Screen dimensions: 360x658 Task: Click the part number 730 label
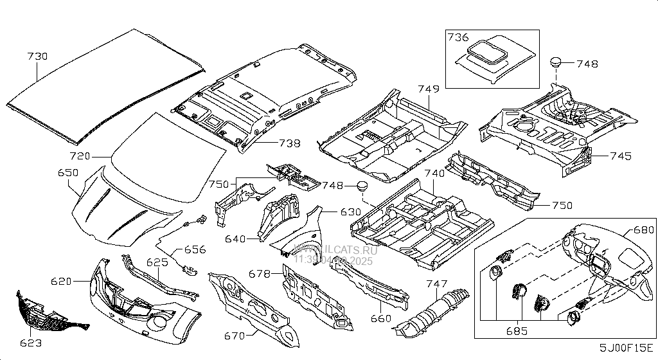point(37,57)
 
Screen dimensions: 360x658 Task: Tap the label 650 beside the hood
point(68,172)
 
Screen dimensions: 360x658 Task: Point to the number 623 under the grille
point(31,344)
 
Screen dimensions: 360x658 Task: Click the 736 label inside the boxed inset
point(459,38)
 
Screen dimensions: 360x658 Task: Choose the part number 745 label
point(621,156)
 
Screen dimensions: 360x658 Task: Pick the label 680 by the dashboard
point(643,230)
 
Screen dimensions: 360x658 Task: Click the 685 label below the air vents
point(516,332)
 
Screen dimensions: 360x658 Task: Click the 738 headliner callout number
point(289,143)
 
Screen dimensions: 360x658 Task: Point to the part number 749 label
point(429,88)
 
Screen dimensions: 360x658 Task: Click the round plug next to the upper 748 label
point(556,62)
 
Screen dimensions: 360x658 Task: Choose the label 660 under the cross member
point(380,318)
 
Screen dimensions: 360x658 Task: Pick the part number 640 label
point(235,239)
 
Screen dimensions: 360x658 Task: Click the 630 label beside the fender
point(351,212)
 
